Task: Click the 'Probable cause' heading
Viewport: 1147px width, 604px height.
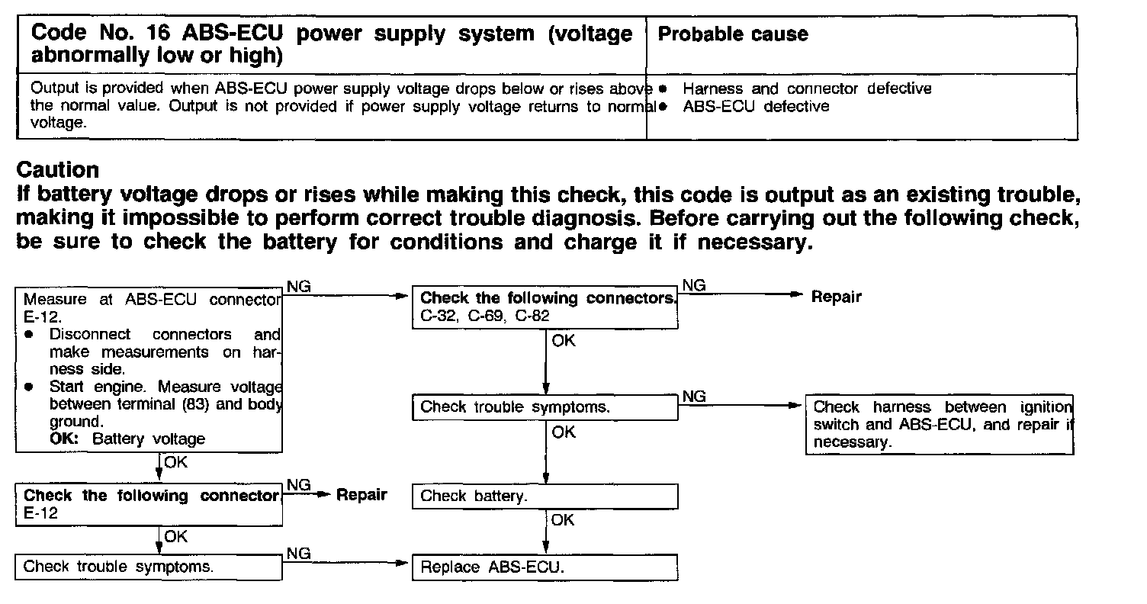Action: click(732, 34)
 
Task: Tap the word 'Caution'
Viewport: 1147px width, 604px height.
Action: click(58, 169)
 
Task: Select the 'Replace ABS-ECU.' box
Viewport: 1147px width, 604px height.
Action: click(545, 567)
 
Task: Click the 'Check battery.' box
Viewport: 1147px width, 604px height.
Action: click(545, 496)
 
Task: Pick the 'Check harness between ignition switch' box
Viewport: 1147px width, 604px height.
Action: click(940, 425)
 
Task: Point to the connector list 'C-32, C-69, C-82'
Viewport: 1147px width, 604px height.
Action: click(484, 315)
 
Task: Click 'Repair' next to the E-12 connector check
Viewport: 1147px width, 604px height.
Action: click(361, 495)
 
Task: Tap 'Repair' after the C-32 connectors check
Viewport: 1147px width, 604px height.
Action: click(836, 297)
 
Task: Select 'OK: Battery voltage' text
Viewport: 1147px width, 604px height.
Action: click(127, 439)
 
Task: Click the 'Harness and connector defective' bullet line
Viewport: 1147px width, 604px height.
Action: click(807, 89)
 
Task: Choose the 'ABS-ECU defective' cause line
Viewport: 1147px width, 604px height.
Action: click(756, 107)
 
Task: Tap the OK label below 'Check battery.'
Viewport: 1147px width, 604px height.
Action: click(563, 520)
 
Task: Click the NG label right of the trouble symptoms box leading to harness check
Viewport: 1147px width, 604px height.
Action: click(693, 396)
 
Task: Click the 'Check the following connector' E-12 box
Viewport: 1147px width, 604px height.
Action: click(149, 504)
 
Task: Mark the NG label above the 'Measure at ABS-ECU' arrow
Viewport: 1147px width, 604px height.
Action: click(298, 286)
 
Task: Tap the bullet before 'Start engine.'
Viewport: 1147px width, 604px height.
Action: click(29, 387)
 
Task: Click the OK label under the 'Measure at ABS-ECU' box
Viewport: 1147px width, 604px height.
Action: click(175, 461)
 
